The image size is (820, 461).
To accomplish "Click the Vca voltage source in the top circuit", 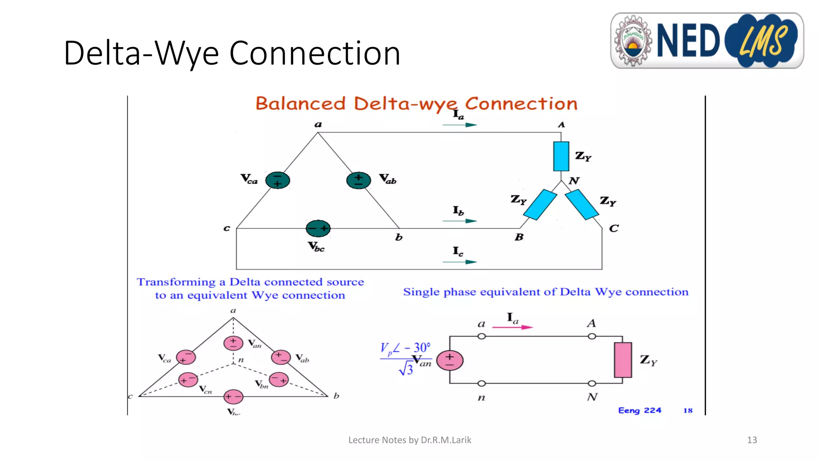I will click(x=277, y=180).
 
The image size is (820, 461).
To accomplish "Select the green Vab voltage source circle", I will click(x=358, y=180).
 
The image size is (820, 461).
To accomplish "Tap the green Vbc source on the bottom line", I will click(x=318, y=228).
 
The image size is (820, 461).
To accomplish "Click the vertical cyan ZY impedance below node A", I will click(x=561, y=156).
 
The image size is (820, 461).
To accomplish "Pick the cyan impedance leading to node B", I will click(x=540, y=204).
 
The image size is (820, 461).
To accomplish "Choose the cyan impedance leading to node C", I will click(x=582, y=204).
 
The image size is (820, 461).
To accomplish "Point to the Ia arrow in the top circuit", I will click(x=459, y=125).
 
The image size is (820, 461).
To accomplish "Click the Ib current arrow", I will click(x=459, y=221).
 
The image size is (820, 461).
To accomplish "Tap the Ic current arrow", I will click(x=459, y=262).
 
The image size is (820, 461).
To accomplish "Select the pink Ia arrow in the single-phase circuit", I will click(x=512, y=327).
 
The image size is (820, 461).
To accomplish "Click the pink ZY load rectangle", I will click(x=623, y=360).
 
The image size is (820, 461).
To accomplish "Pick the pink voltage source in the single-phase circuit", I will click(x=450, y=360).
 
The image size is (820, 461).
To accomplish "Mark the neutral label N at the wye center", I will click(x=574, y=181).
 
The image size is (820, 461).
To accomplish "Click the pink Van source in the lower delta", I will click(x=233, y=343).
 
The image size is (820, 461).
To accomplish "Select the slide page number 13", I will click(x=752, y=440).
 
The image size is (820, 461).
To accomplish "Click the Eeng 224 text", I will click(x=639, y=411).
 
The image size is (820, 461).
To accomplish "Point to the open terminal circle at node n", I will click(x=482, y=383).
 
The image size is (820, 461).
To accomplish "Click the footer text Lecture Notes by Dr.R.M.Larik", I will click(x=410, y=440).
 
